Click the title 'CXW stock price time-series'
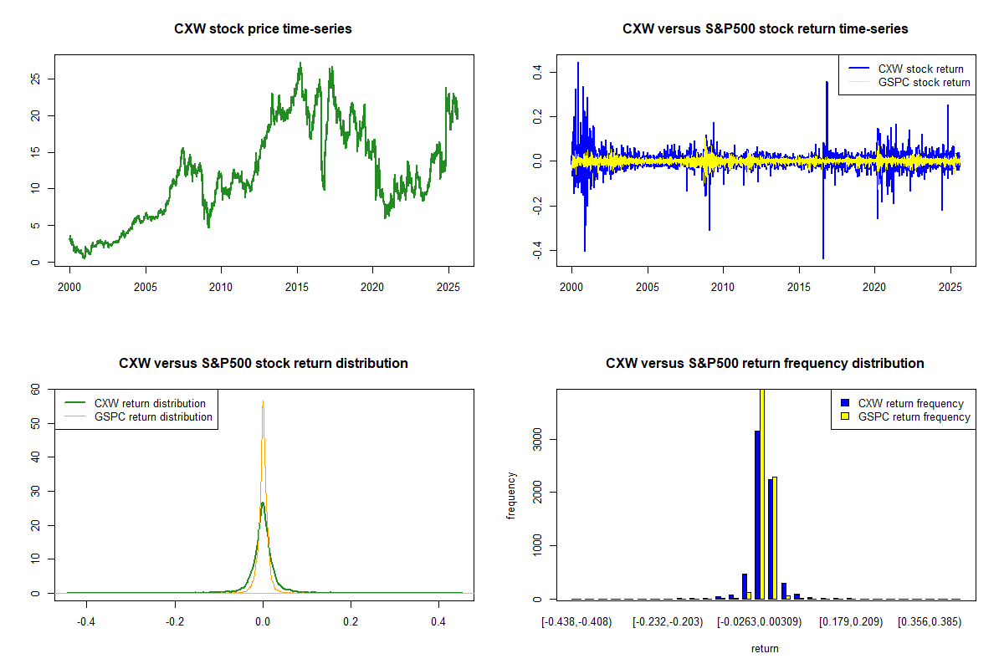263,29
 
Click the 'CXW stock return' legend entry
920,69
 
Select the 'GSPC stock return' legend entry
924,82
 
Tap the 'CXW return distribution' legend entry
150,403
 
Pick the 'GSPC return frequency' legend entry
914,416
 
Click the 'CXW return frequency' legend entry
911,403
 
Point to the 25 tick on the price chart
35,79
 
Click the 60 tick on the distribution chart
35,389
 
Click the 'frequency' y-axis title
511,496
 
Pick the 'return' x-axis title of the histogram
765,648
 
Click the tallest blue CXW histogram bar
757,514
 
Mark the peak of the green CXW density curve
263,503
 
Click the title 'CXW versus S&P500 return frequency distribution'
765,364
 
